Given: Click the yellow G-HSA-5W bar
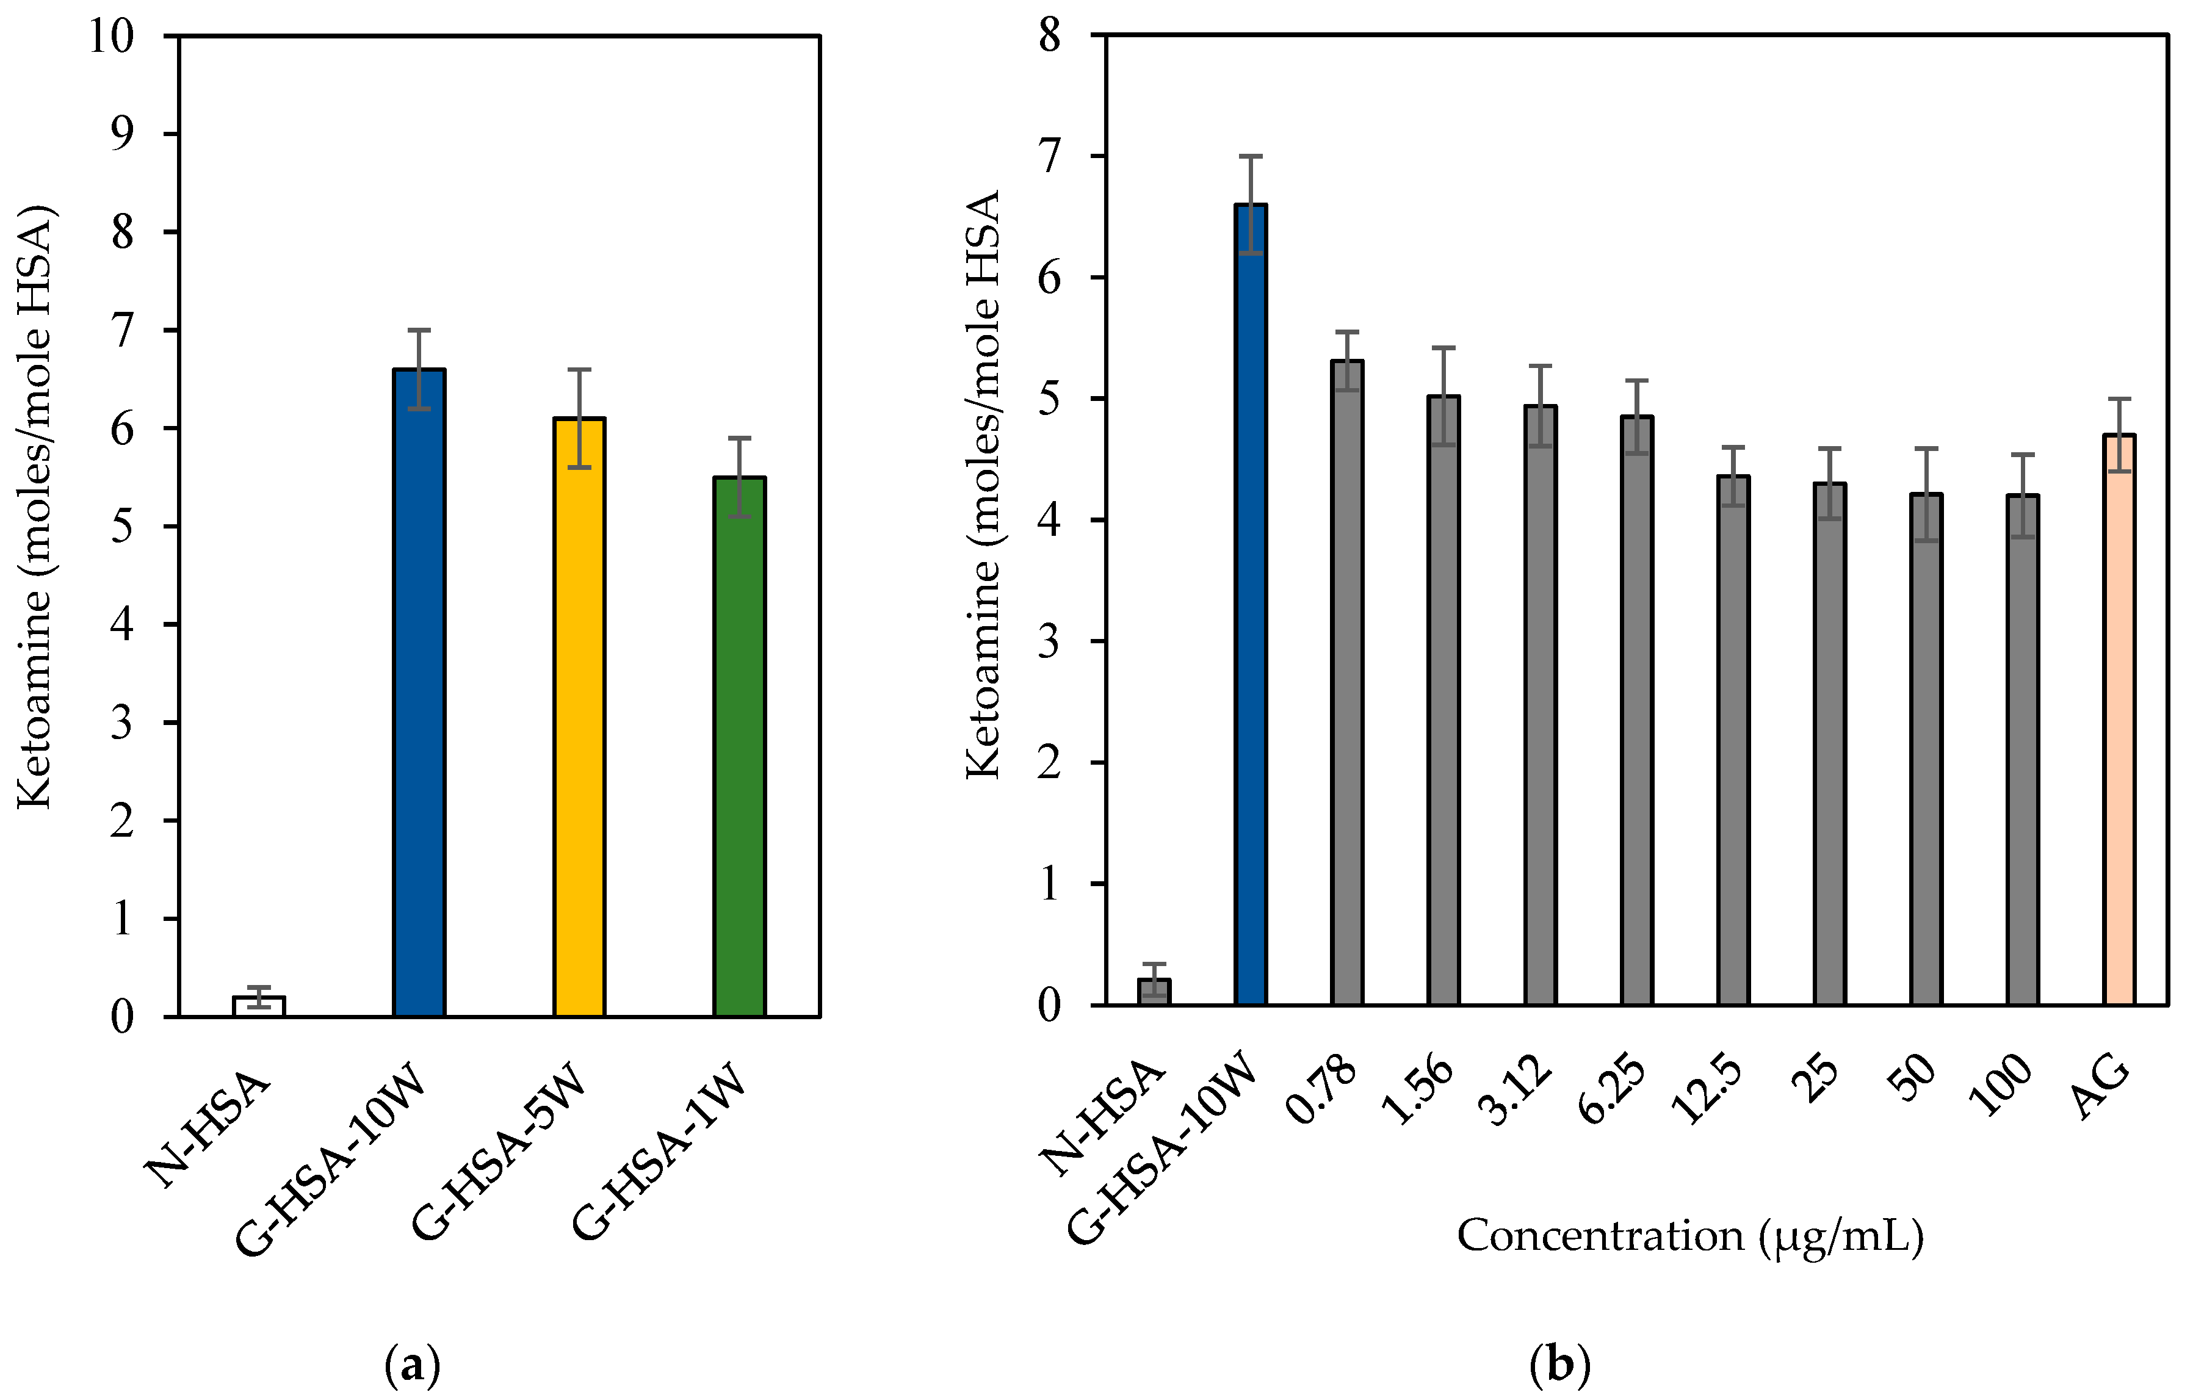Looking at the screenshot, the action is [579, 718].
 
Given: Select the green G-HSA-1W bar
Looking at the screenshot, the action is [740, 747].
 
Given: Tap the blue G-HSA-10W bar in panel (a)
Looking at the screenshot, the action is [419, 693].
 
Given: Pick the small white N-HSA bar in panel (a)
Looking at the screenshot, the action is [259, 1006].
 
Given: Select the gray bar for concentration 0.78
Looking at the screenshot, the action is [1347, 683].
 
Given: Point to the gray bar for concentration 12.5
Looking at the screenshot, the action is [1733, 740].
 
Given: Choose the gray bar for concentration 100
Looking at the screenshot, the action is [2023, 751].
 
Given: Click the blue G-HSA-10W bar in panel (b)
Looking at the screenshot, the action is [1251, 605].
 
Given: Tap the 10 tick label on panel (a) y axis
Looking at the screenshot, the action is [111, 37].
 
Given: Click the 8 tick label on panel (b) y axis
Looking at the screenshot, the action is [1050, 37].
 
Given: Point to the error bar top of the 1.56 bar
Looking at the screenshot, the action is [1443, 348].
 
